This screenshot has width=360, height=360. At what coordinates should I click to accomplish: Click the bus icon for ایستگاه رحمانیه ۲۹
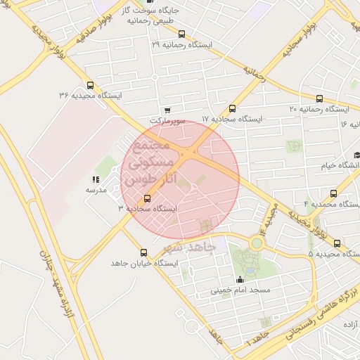182,34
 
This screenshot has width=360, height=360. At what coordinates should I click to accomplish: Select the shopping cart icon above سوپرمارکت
167,110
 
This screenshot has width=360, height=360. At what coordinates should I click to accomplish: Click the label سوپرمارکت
167,121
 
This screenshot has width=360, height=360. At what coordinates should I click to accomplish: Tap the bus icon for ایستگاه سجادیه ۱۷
232,108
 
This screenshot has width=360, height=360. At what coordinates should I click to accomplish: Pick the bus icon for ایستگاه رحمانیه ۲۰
320,98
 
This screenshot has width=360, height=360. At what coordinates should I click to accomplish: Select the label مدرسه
96,190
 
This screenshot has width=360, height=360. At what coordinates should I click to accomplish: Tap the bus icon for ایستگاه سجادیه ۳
147,198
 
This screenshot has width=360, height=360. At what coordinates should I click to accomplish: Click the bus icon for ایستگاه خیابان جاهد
144,252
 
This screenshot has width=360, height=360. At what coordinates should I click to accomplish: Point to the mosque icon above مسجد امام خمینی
240,279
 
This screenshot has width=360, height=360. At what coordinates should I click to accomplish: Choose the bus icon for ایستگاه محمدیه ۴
333,193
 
